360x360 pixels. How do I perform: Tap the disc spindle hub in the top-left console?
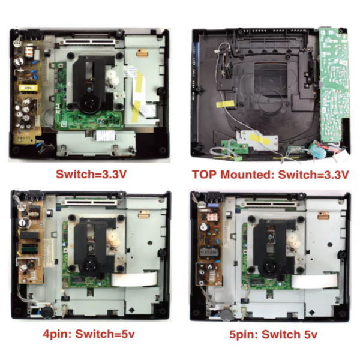click(x=89, y=103)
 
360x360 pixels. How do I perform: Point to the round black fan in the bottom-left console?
click(x=44, y=311)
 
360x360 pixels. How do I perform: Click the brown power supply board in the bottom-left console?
click(x=31, y=246)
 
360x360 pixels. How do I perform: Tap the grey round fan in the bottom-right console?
click(x=226, y=312)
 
